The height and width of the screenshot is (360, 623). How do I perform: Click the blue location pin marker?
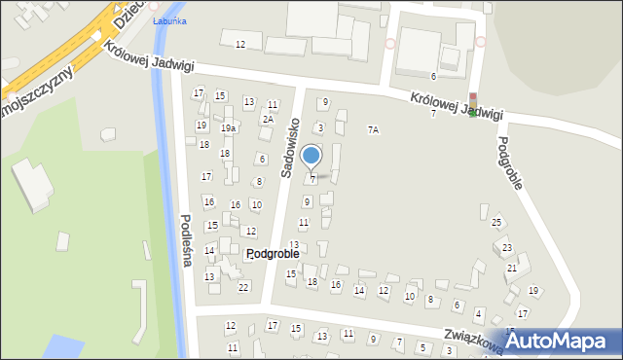311,156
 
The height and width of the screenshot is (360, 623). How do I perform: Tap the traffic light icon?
473,104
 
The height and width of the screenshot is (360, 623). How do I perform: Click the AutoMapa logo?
558,341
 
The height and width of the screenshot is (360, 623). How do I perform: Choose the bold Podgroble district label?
273,253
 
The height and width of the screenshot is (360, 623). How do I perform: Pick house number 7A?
373,129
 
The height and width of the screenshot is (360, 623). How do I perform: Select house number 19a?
228,128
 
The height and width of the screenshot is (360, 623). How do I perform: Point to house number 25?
496,223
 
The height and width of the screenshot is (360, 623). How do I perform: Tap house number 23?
507,249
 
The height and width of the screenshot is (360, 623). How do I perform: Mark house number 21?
511,268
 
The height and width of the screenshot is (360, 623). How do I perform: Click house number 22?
243,287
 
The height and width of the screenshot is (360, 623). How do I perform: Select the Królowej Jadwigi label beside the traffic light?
456,106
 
